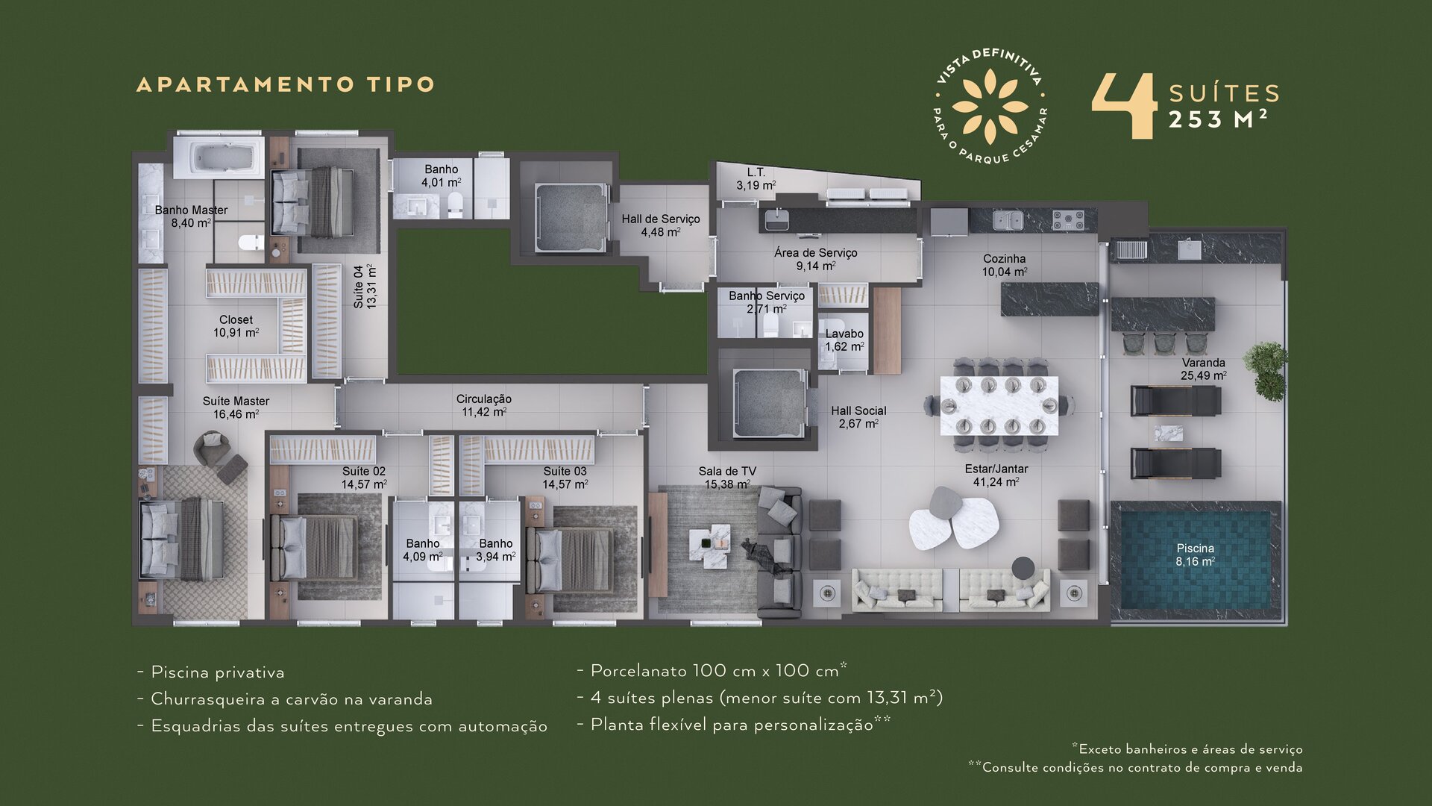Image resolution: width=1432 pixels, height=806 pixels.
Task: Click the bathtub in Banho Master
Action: [x=219, y=157]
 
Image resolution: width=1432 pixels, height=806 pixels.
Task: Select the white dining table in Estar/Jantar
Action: [x=999, y=406]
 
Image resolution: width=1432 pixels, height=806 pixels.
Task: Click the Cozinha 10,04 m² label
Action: [x=1004, y=266]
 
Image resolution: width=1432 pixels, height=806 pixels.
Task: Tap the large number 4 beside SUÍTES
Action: [x=1124, y=106]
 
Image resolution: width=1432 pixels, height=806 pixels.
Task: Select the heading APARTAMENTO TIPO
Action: [x=286, y=84]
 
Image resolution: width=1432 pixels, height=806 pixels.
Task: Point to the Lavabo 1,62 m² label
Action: [x=844, y=340]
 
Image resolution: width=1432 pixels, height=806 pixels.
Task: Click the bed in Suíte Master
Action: [x=183, y=539]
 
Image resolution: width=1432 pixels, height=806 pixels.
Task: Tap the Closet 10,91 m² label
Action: [x=236, y=326]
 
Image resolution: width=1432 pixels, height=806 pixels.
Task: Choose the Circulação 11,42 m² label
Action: [x=484, y=405]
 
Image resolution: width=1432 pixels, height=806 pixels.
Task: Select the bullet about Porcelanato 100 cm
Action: [x=712, y=670]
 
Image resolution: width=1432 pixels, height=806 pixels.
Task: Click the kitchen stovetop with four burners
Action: [x=1068, y=220]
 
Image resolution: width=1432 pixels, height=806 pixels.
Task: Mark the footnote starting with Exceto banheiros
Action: [x=1187, y=749]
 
